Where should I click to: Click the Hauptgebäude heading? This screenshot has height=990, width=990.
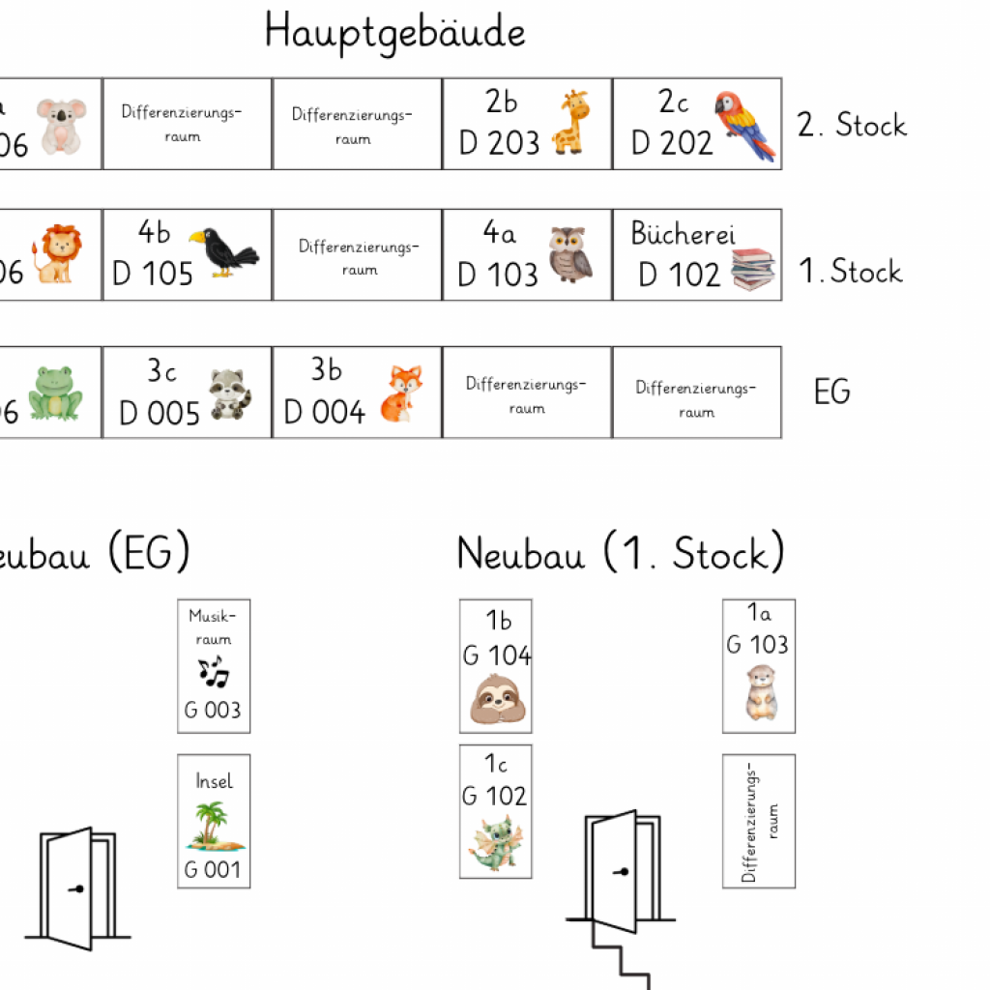[395, 32]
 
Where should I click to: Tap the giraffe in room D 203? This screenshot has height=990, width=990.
[570, 122]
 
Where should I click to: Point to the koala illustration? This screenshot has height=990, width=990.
[61, 125]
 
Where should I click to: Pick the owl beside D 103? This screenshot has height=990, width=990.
[569, 254]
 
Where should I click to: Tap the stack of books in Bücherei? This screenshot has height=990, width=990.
[753, 270]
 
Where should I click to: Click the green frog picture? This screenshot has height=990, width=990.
[54, 392]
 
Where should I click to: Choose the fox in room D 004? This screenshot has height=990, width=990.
[400, 393]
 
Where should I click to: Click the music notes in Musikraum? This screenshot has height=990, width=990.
[213, 671]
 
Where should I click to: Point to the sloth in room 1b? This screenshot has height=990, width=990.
[496, 700]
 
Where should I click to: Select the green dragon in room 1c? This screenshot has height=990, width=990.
[495, 842]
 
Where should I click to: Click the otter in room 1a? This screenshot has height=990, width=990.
[759, 692]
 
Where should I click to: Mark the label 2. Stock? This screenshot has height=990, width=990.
[852, 125]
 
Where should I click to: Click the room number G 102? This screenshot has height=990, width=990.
[495, 796]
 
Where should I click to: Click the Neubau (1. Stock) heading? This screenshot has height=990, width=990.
[620, 554]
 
